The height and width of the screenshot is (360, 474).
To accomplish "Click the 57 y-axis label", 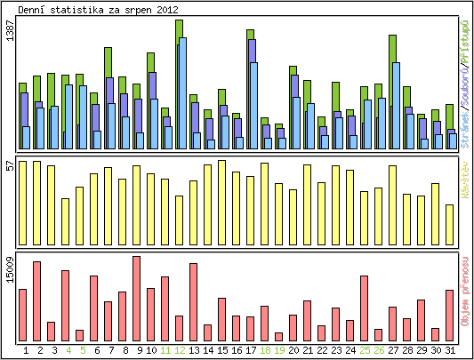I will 10,166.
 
